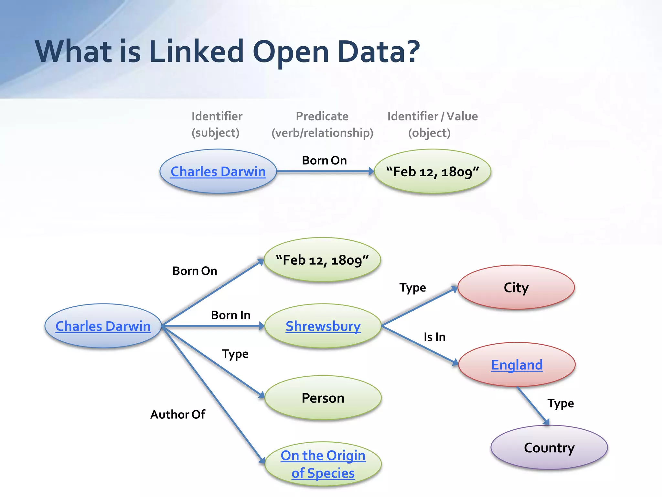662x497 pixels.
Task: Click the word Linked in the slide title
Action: point(196,52)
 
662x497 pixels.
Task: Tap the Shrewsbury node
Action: point(323,326)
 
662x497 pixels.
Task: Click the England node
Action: point(517,365)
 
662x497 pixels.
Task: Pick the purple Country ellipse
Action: point(549,448)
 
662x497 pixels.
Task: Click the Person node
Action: point(323,398)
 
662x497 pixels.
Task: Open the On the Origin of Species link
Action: point(323,464)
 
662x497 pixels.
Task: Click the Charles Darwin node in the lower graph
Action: point(103,326)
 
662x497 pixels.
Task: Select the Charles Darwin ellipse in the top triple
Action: point(218,171)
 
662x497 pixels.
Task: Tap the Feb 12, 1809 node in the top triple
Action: point(432,171)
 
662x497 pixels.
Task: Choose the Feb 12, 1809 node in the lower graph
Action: point(322,260)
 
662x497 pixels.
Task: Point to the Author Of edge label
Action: point(177,414)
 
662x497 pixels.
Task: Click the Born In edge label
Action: point(230,315)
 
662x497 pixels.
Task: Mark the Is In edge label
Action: point(434,337)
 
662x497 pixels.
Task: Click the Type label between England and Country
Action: point(561,403)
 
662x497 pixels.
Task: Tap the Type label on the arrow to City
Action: point(412,288)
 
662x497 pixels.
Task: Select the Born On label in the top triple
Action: point(324,160)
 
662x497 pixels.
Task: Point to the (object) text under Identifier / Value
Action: point(429,133)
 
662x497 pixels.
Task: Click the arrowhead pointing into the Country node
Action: point(546,422)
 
